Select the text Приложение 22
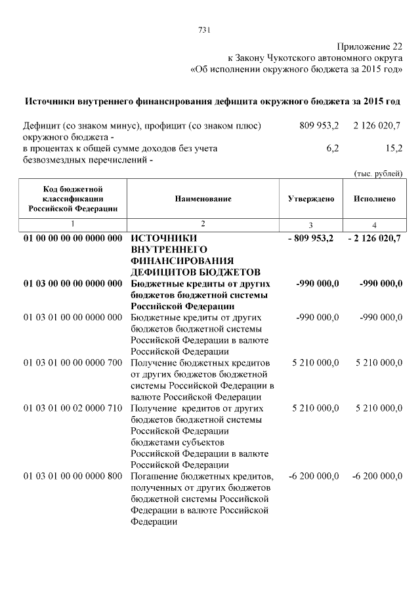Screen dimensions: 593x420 369,47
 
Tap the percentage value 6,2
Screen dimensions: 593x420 332,149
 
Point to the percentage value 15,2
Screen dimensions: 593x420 394,149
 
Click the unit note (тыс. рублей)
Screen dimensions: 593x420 377,173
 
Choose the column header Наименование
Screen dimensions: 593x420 203,199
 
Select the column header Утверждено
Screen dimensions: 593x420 311,199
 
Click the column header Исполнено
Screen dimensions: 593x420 374,199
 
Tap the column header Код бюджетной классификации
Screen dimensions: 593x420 73,199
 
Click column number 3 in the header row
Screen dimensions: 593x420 311,225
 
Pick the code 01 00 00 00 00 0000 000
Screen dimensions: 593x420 73,238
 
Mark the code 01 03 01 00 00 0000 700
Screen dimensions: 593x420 73,362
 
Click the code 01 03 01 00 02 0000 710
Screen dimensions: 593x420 73,408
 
